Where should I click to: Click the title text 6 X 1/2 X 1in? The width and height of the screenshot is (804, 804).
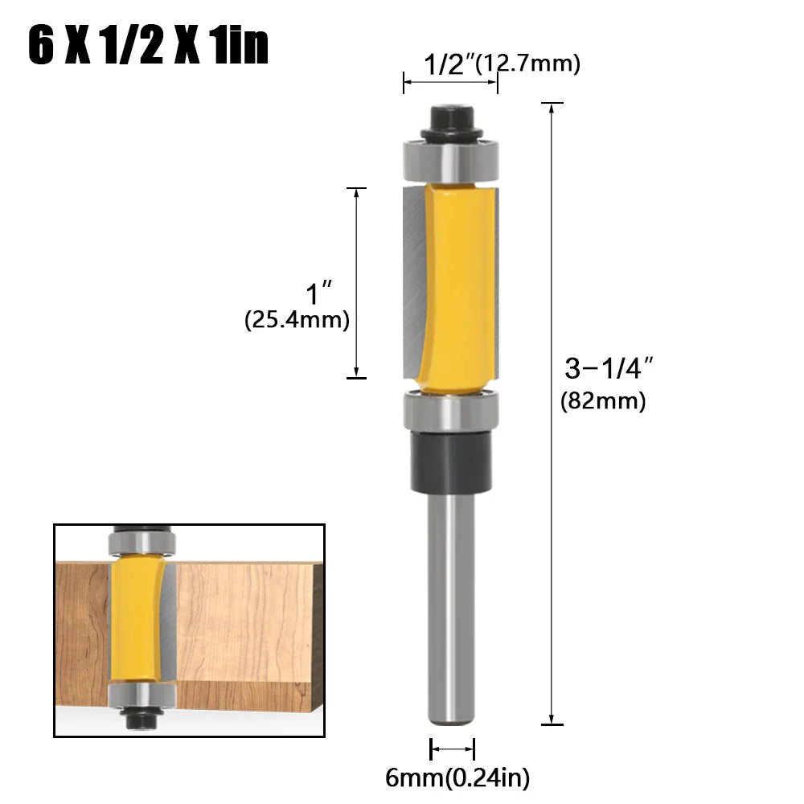click(x=148, y=47)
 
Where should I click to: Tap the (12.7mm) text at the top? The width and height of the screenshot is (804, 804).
click(x=527, y=64)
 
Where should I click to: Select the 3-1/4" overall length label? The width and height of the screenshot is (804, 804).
click(x=607, y=369)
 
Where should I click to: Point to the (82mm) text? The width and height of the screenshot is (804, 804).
click(x=603, y=400)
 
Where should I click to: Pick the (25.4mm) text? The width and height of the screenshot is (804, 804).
click(x=297, y=320)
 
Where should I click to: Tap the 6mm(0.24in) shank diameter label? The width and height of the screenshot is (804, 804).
click(x=457, y=777)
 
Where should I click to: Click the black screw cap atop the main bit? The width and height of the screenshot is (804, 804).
click(x=450, y=121)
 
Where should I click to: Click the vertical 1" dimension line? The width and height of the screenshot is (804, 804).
click(x=356, y=281)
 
